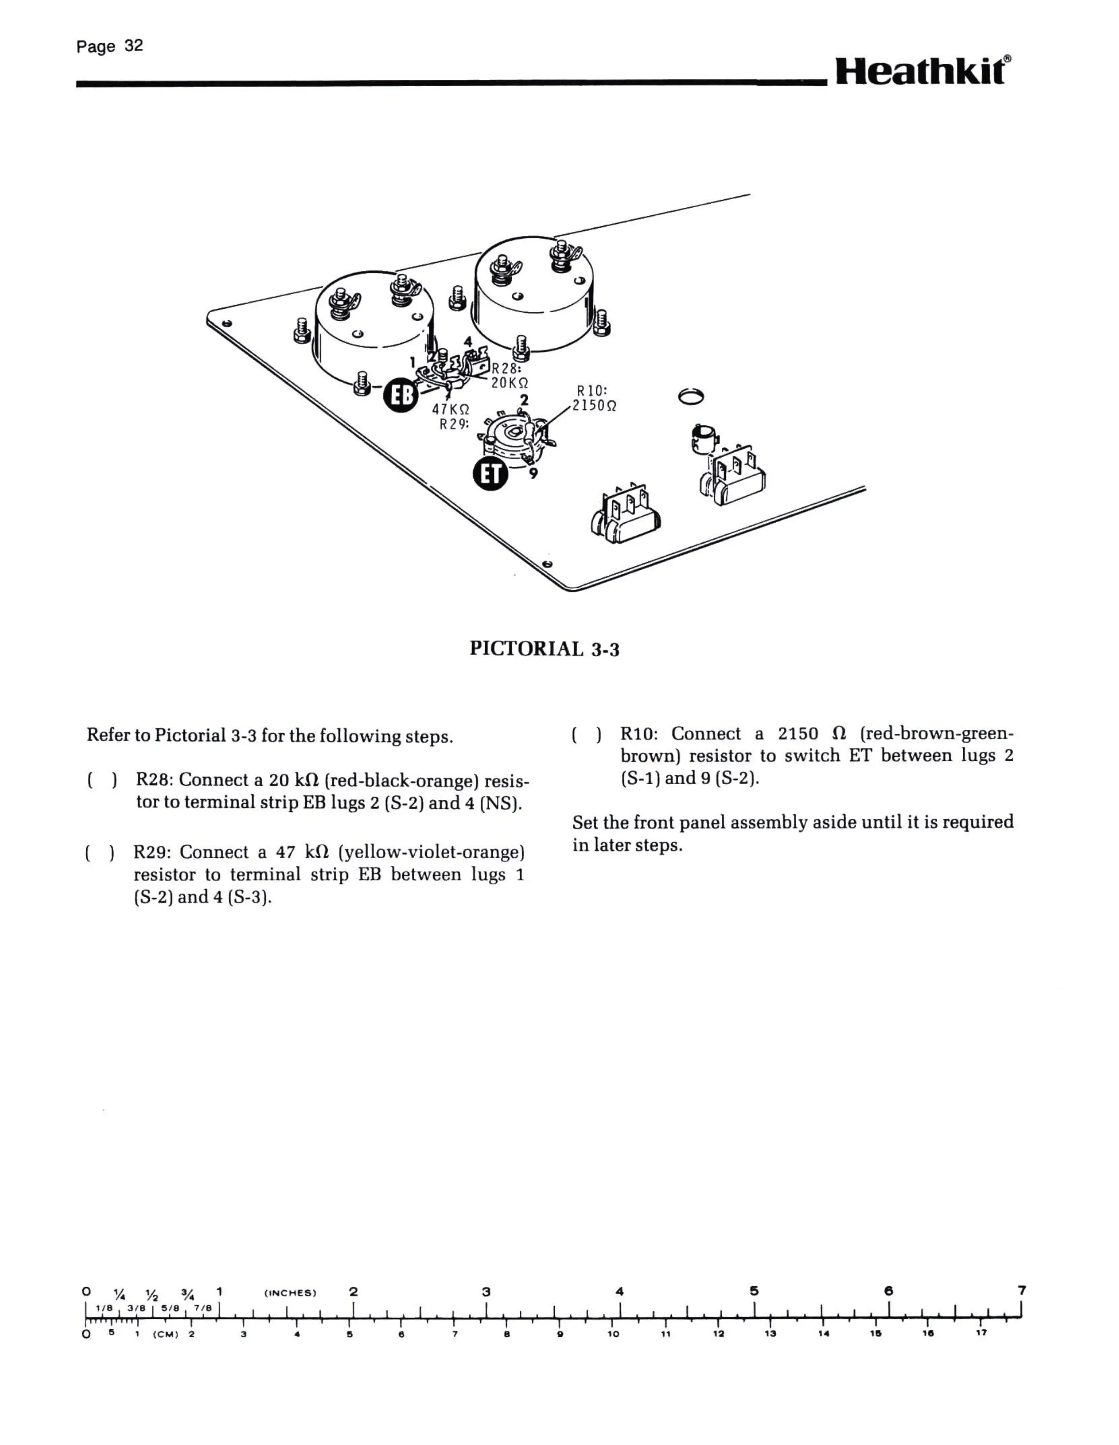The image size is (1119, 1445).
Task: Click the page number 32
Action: pos(133,46)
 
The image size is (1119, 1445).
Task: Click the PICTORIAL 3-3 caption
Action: pos(544,649)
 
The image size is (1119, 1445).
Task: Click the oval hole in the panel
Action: pos(691,396)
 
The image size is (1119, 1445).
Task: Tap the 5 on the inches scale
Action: pos(754,1291)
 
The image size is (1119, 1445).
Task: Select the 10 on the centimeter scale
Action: pos(613,1334)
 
